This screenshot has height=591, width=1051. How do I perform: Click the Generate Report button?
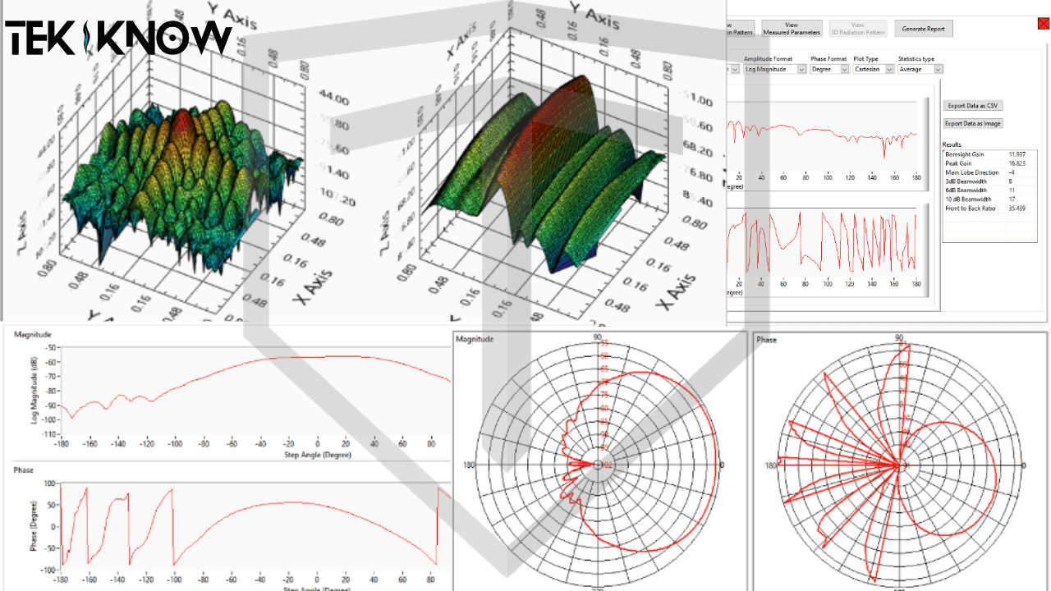pos(924,29)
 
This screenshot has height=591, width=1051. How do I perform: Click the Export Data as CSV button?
pos(973,106)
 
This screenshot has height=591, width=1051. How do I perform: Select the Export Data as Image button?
pos(973,124)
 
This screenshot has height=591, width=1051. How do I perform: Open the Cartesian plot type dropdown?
pos(872,70)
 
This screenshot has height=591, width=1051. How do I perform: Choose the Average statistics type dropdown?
pos(920,70)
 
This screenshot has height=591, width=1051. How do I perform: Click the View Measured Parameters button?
pos(792,29)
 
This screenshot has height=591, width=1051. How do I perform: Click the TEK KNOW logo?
pos(119,38)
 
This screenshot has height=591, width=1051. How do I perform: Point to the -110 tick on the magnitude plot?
pos(50,434)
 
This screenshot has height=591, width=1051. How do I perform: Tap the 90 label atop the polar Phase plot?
pos(899,338)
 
